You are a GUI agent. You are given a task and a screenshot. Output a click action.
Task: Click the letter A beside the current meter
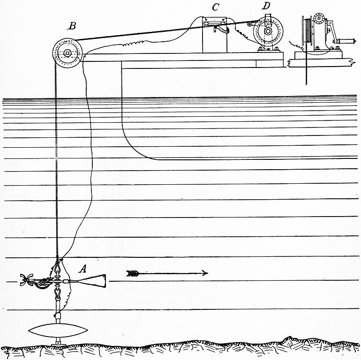(x=83, y=269)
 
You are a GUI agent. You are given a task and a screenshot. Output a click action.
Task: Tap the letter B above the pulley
(x=73, y=26)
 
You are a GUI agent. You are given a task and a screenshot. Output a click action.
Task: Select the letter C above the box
(x=216, y=7)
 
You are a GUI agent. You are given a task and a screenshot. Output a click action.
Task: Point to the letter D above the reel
(x=266, y=6)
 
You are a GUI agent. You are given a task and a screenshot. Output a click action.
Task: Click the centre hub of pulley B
(x=68, y=53)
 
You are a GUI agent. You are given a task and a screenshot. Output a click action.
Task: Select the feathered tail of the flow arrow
(x=134, y=273)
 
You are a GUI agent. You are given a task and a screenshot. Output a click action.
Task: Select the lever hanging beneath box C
(x=220, y=30)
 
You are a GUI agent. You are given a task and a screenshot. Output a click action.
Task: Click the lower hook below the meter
(x=58, y=294)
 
